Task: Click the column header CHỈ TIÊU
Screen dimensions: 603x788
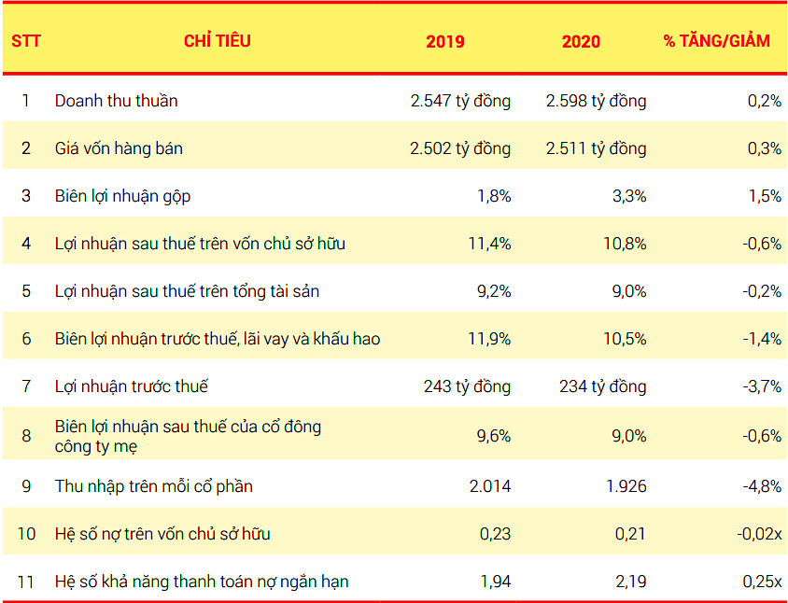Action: [x=217, y=41]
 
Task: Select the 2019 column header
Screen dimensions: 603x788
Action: [x=444, y=41]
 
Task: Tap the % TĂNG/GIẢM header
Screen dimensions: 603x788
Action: [x=716, y=41]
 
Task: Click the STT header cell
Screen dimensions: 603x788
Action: [x=26, y=41]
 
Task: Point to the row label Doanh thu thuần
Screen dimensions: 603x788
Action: [x=116, y=101]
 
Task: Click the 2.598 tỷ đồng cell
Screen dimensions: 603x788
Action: [x=596, y=101]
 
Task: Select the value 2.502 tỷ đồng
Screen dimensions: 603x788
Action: [x=460, y=148]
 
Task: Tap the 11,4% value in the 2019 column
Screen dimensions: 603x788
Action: [x=489, y=244]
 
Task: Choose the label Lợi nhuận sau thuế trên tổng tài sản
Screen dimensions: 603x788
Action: [x=187, y=291]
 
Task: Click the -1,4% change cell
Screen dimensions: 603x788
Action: [x=762, y=339]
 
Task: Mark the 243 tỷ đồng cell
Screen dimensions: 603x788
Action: [x=467, y=386]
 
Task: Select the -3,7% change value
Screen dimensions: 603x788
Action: [x=762, y=386]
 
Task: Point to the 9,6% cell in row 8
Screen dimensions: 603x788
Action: [x=493, y=434]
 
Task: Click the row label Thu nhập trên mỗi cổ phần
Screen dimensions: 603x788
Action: [x=153, y=486]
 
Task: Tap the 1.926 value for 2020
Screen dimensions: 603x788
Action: [x=625, y=486]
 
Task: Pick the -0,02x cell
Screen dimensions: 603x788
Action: [x=756, y=534]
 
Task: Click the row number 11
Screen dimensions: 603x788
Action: [x=26, y=582]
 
